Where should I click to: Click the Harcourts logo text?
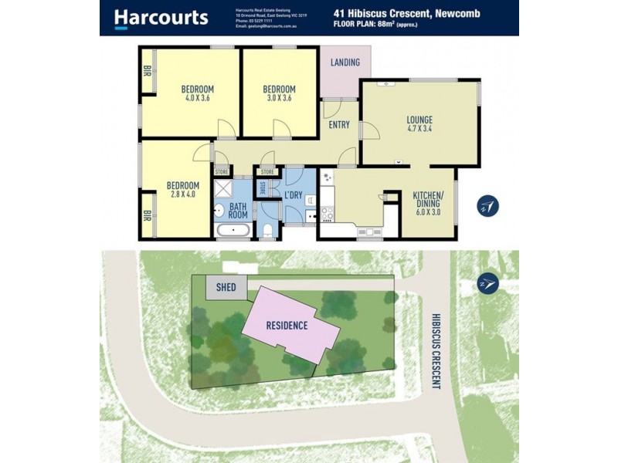(x=161, y=17)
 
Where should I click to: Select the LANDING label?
(x=345, y=63)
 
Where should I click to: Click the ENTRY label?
(x=339, y=125)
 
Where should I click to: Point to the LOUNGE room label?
(x=419, y=120)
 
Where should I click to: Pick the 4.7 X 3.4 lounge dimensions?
(x=419, y=130)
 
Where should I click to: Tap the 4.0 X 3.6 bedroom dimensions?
(x=197, y=98)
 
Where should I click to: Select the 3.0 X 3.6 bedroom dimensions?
(x=279, y=98)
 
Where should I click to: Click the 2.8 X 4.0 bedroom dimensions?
(x=183, y=195)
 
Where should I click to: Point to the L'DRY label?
(x=293, y=195)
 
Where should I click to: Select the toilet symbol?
(x=266, y=229)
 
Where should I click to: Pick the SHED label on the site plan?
(x=226, y=288)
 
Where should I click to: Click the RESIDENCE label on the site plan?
(x=287, y=326)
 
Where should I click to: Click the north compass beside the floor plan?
(x=487, y=205)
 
